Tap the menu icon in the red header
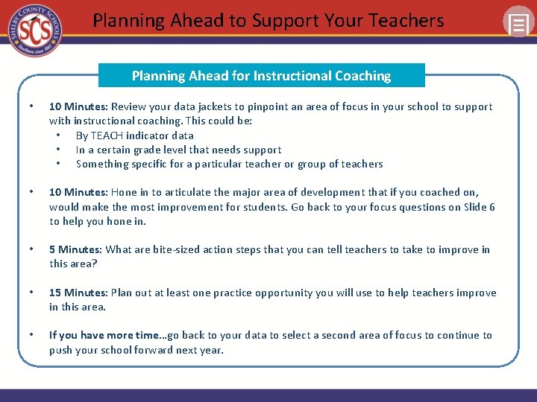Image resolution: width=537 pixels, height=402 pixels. pos(518,23)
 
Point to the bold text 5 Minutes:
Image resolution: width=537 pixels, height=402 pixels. pos(75,249)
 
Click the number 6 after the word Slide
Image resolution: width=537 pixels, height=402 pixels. pos(492,207)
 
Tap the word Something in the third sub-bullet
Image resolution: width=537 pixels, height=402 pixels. pos(101,164)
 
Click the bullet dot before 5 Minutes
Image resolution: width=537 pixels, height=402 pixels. pos(29,249)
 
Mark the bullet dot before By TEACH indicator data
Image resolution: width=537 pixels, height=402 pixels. pos(58,135)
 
